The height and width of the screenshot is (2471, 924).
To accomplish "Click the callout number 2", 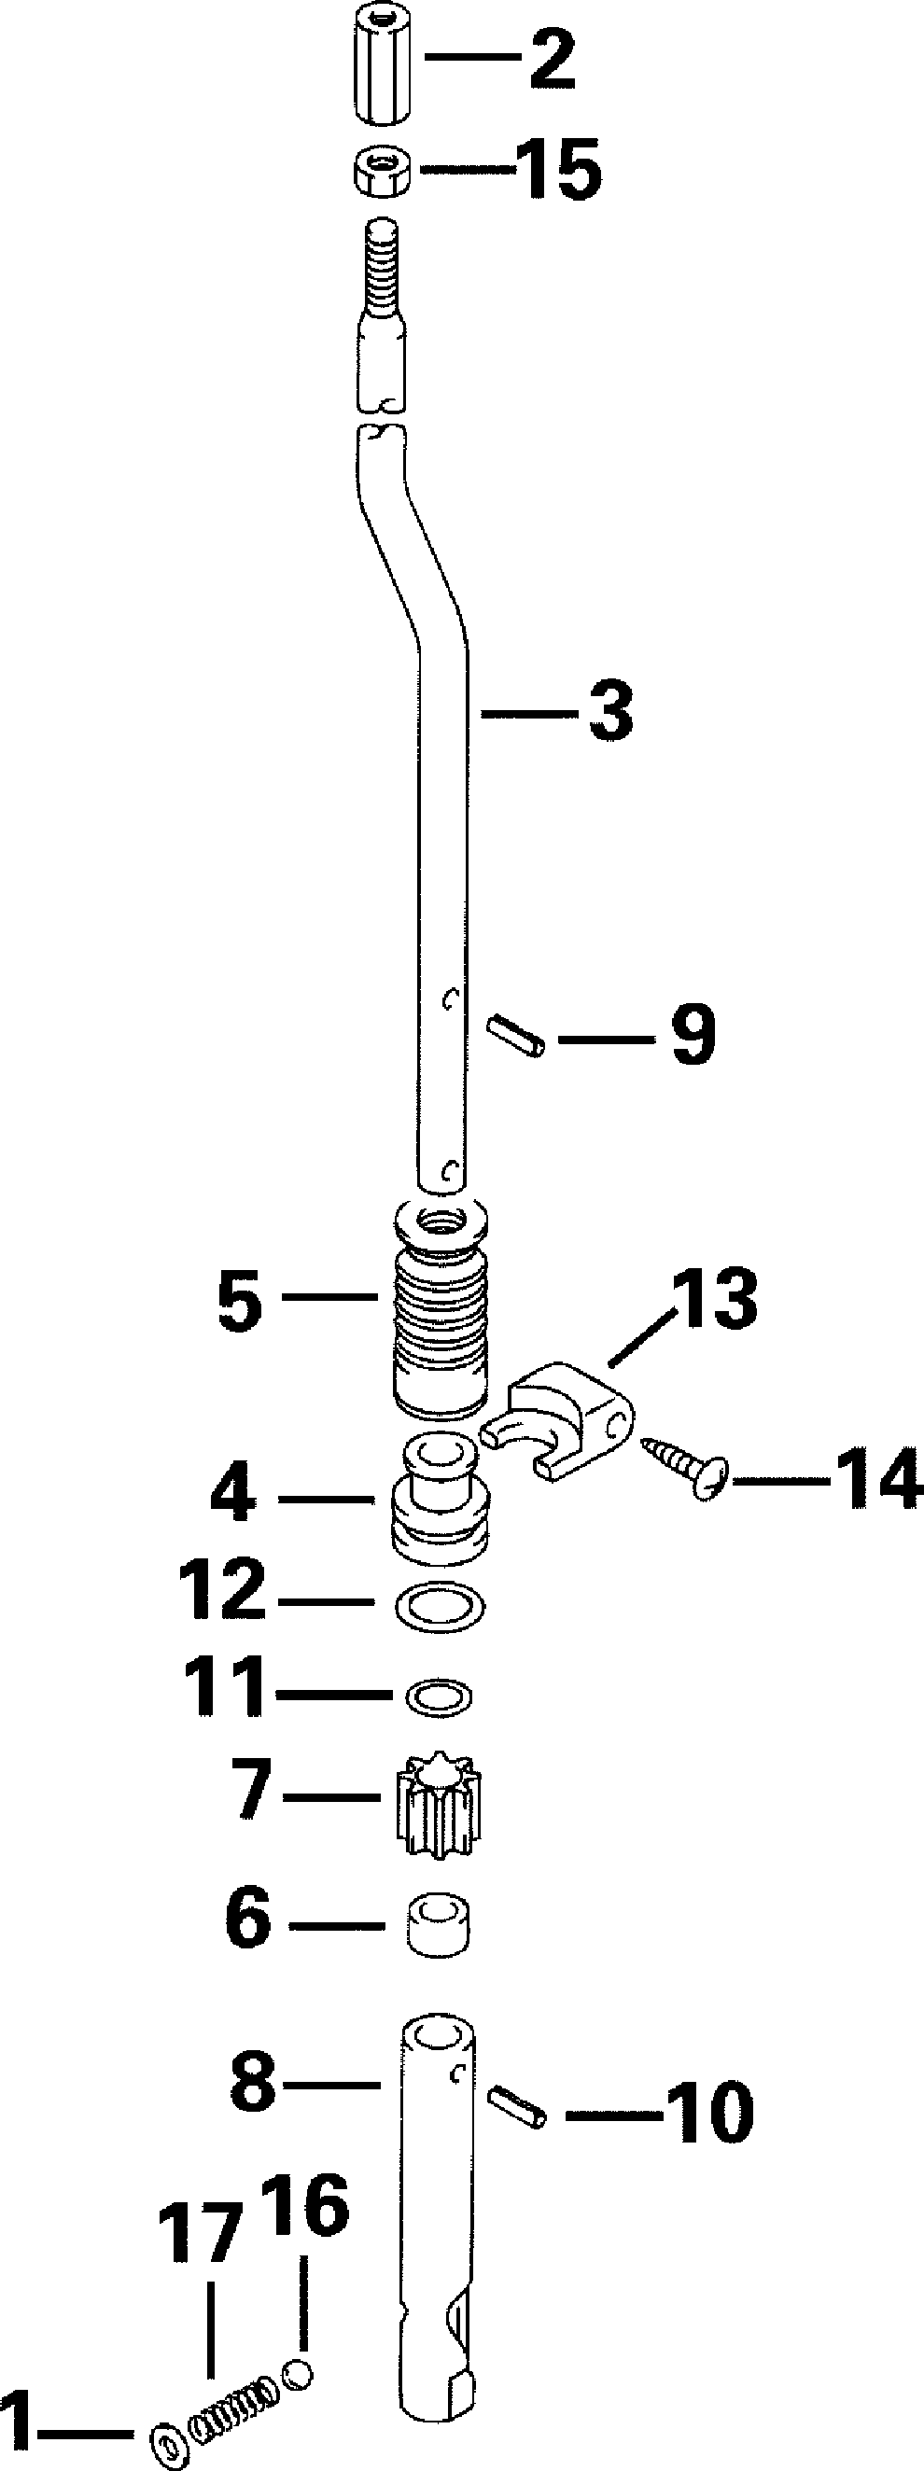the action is [552, 59].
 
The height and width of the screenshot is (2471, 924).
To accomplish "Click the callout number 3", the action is [611, 711].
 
